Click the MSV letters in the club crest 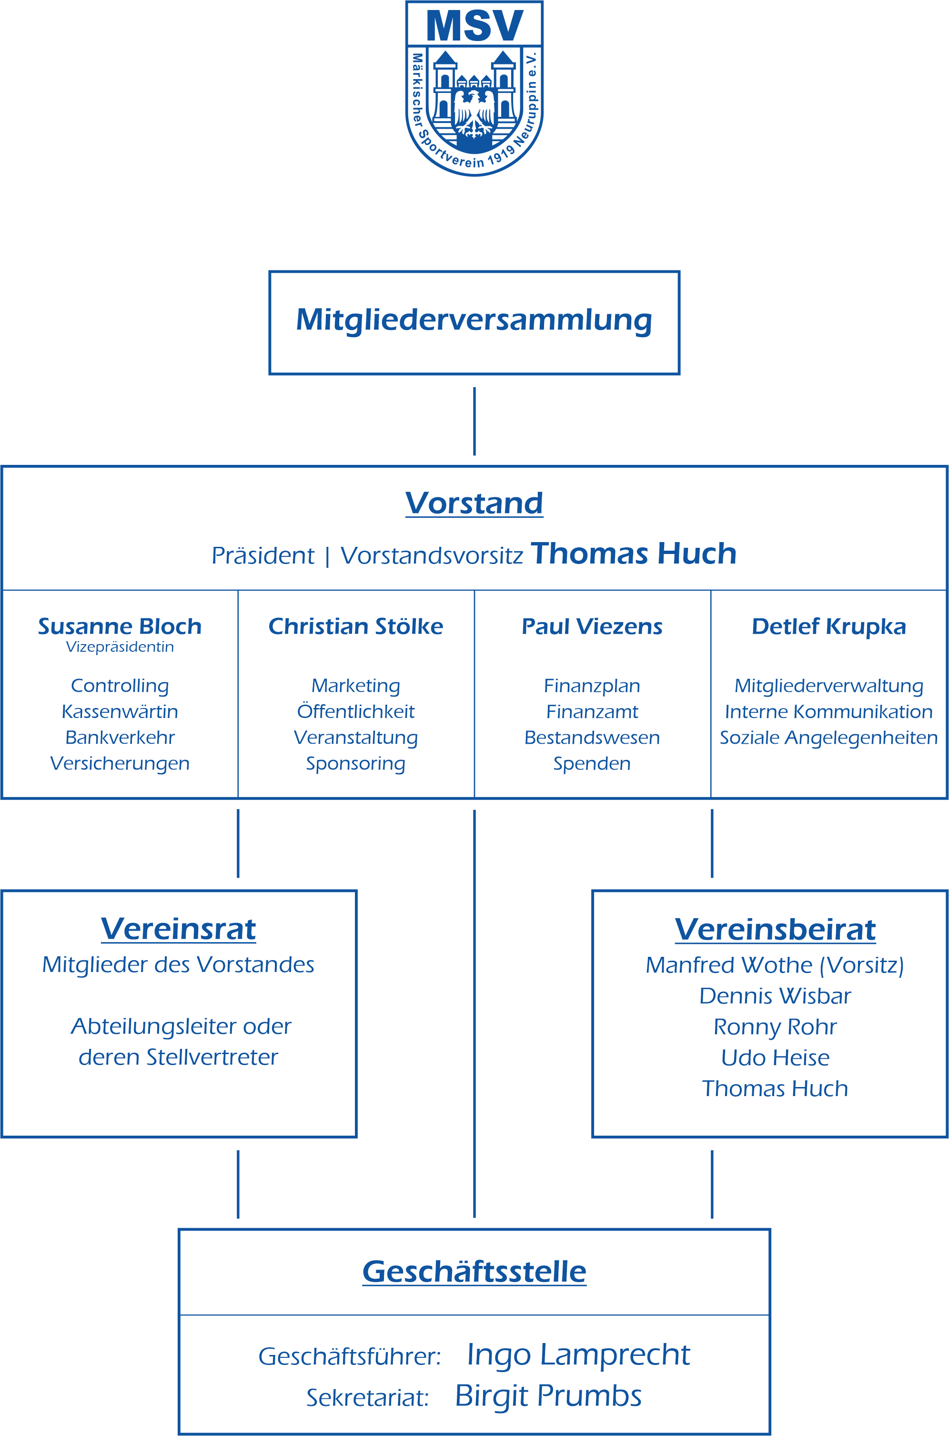coord(474,25)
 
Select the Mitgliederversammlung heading coord(474,321)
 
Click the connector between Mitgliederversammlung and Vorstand coord(474,421)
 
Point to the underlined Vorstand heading coord(474,503)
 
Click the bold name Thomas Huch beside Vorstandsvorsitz coord(634,554)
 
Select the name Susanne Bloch coord(120,626)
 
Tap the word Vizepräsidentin coord(120,647)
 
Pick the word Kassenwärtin coord(120,712)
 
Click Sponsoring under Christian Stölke coord(356,764)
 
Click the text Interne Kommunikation coord(828,712)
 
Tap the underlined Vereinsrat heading coord(179,930)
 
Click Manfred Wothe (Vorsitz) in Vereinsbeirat coord(775,965)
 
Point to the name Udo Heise coord(775,1058)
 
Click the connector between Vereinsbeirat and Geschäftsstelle coord(712,1185)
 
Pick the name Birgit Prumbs coord(548,1396)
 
